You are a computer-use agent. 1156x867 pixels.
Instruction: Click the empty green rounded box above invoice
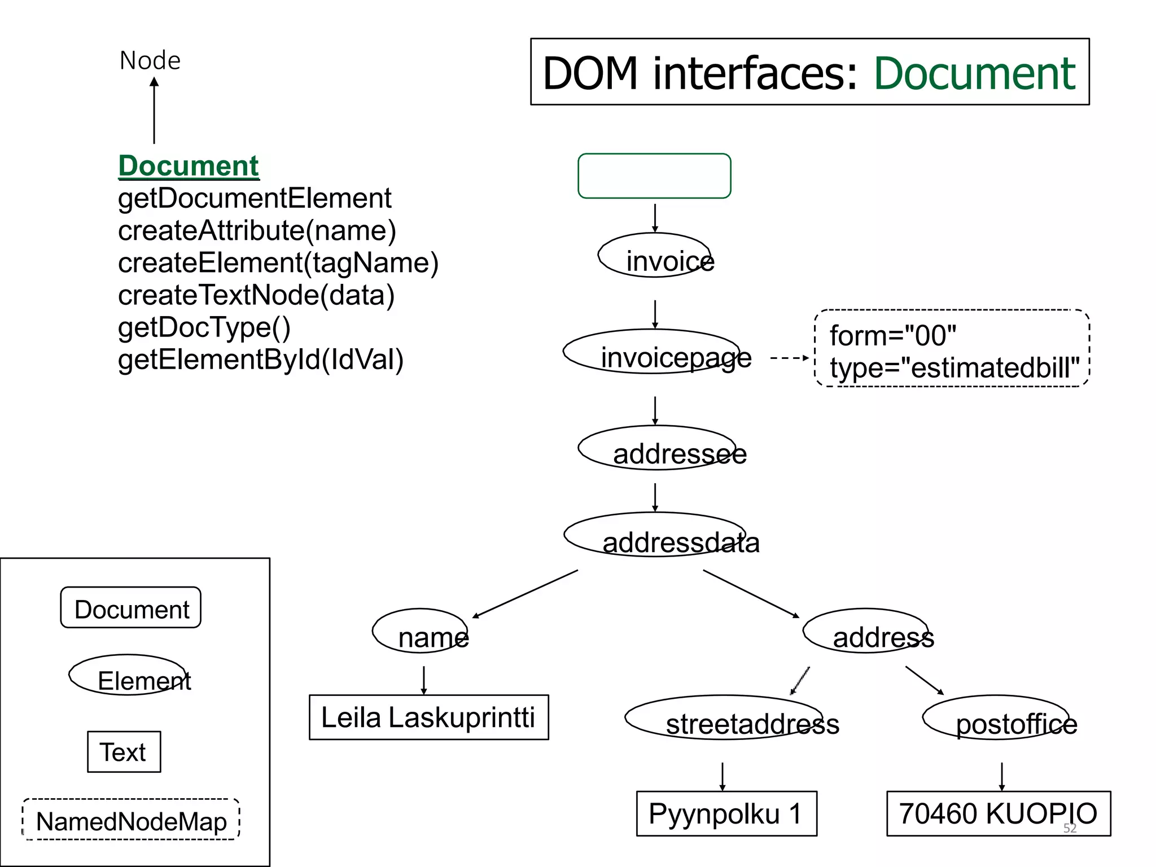pos(654,176)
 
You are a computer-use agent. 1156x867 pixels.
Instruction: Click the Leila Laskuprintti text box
pos(428,717)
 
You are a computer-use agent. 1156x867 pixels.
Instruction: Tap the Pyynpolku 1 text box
pos(726,813)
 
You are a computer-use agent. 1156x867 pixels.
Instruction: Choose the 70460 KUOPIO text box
pos(998,813)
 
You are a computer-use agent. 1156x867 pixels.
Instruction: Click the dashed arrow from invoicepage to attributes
pos(789,358)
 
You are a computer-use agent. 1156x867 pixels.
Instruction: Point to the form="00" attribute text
pos(893,336)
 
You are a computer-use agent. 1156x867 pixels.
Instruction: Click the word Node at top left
pos(150,60)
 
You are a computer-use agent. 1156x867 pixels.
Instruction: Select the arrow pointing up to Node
pos(154,110)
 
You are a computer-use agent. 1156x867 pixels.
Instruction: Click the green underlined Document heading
pos(189,166)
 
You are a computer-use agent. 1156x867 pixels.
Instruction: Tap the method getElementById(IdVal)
pos(261,360)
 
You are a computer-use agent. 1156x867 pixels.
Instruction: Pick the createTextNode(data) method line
pos(256,295)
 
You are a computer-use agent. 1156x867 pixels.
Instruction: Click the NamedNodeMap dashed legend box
pos(131,820)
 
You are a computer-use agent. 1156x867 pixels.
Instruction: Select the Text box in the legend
pos(124,752)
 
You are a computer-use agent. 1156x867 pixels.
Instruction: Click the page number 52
pos(1070,828)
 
